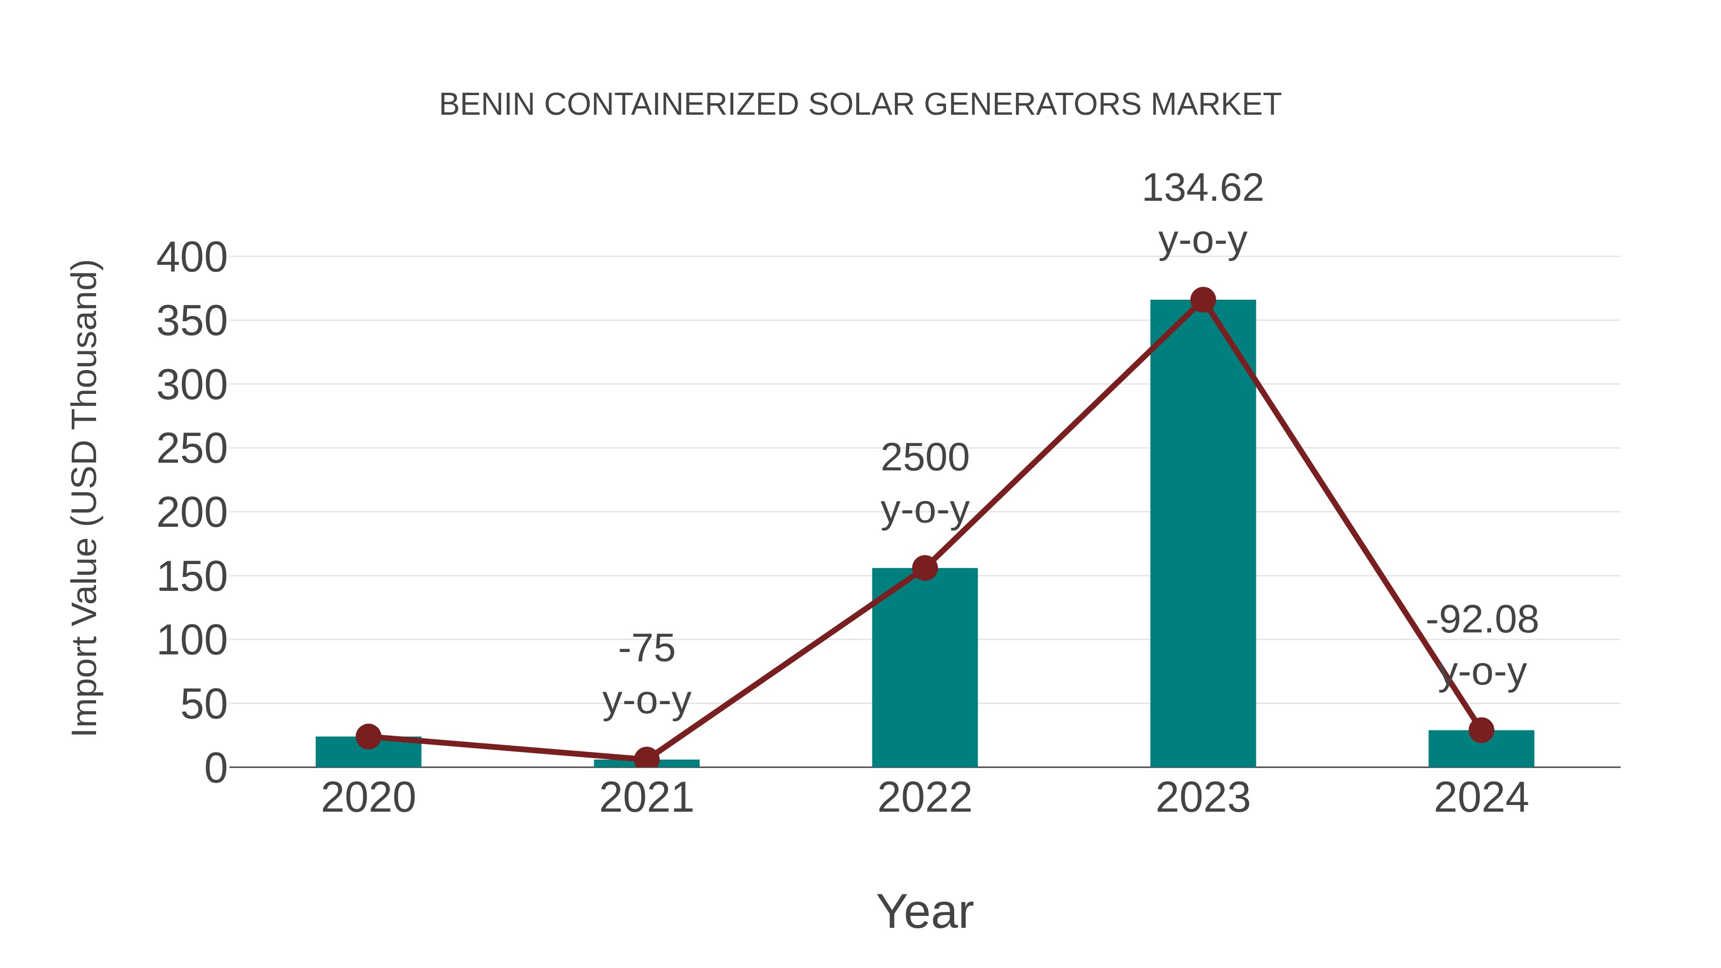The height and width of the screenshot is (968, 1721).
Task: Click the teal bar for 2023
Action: (1203, 534)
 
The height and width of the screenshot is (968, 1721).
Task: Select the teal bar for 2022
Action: (925, 668)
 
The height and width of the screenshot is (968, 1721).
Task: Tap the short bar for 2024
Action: (1481, 750)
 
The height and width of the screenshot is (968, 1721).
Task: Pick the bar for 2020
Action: (368, 752)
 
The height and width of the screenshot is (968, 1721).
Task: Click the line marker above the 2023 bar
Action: (1203, 300)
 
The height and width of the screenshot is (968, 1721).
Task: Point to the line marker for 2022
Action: (925, 568)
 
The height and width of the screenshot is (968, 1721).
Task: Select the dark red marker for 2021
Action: (646, 759)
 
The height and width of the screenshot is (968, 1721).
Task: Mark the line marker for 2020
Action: (368, 736)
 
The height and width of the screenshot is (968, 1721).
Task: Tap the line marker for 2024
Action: (1481, 730)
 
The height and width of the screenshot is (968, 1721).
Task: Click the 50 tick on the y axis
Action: (204, 705)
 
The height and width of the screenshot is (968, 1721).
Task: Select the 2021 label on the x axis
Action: (646, 798)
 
